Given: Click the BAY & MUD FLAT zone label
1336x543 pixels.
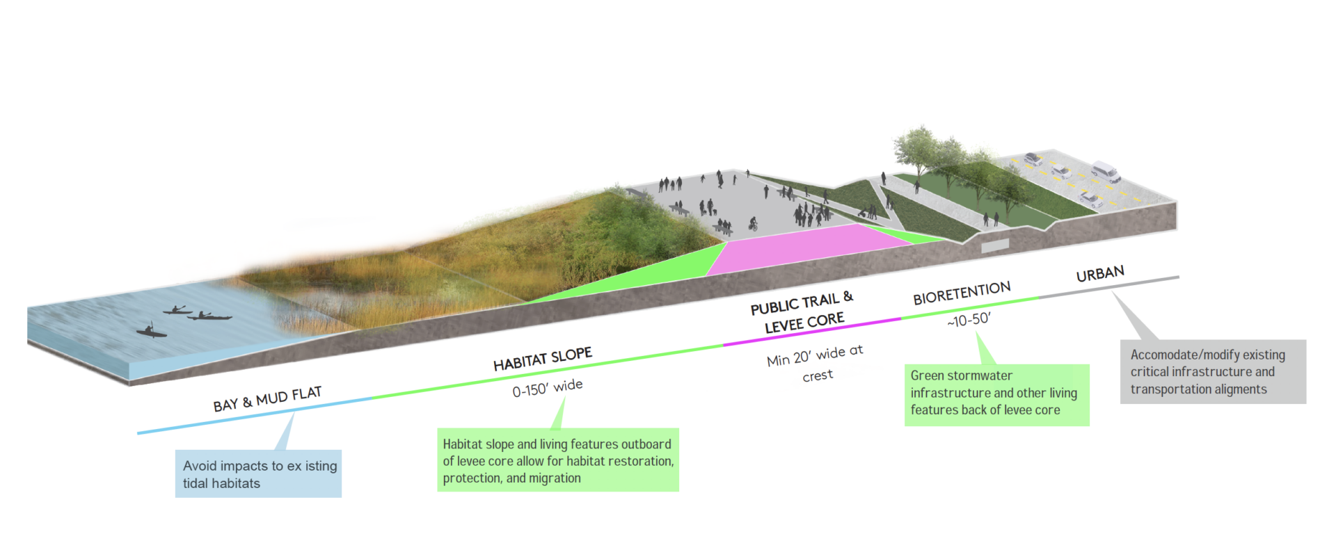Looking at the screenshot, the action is [x=267, y=399].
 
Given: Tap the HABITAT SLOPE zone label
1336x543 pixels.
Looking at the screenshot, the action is [x=543, y=358].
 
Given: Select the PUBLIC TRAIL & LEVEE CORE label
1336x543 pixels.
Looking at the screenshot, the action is [x=802, y=313].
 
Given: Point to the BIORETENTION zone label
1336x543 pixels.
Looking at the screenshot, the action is [x=962, y=293].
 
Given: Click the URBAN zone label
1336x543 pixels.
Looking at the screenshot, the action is [x=1100, y=273].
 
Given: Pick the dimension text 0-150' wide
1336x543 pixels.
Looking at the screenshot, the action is [x=548, y=388].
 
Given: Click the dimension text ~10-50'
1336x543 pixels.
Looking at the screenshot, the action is [x=969, y=320].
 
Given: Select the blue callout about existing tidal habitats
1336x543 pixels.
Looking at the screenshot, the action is [x=258, y=473].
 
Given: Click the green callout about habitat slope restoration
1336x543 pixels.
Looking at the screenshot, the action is [x=558, y=460].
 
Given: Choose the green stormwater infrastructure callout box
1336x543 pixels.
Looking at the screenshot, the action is [x=996, y=395].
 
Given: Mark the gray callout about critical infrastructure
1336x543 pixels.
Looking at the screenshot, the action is [x=1213, y=371].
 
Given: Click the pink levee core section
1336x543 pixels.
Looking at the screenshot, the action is [x=807, y=248].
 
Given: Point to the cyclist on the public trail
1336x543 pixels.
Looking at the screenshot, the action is [x=753, y=225].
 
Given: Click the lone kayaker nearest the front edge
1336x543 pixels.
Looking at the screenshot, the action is [x=151, y=330].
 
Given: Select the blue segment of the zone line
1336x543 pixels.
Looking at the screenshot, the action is [x=255, y=415].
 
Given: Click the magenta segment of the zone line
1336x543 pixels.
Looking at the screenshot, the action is [x=812, y=331].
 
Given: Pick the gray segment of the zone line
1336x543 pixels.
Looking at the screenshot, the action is [x=1109, y=286].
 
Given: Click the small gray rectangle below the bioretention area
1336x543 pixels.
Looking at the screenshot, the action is [x=995, y=245].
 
